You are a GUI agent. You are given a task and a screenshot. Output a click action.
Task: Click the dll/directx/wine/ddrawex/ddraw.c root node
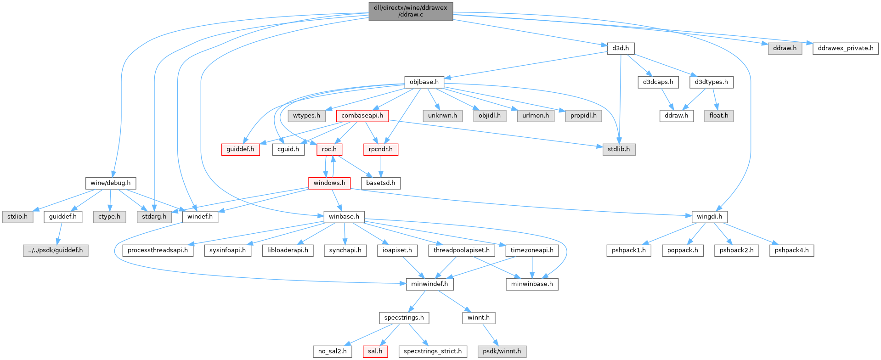click(411, 11)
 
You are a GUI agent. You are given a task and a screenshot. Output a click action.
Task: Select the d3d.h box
click(621, 48)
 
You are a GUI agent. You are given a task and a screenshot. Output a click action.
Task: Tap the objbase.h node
click(424, 82)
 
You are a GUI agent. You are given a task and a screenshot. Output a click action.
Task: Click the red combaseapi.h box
click(362, 116)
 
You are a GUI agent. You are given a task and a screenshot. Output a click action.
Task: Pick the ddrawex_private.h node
click(845, 48)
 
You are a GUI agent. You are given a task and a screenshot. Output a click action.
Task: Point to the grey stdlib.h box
click(619, 149)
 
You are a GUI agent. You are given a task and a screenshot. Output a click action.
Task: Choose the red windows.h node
click(329, 183)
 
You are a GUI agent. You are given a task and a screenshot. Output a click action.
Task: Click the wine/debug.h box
click(110, 183)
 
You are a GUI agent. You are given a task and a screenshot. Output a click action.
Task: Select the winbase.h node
click(344, 217)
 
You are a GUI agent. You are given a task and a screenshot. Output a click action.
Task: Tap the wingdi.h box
click(709, 217)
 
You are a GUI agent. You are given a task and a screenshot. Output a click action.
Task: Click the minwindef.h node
click(429, 284)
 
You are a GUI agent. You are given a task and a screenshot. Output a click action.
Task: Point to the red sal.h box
click(375, 352)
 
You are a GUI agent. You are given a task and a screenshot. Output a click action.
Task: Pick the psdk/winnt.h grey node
click(502, 352)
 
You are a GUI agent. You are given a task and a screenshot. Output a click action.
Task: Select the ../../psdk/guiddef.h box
click(56, 251)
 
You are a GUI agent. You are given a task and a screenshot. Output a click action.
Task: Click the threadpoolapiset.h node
click(461, 251)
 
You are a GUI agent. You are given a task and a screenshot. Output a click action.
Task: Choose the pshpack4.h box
click(791, 251)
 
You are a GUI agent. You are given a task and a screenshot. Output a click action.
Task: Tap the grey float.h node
click(718, 116)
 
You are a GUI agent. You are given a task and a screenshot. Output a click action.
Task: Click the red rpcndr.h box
click(380, 149)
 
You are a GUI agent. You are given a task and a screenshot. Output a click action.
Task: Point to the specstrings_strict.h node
click(433, 352)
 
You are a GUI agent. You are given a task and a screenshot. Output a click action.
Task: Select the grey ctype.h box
click(109, 217)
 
